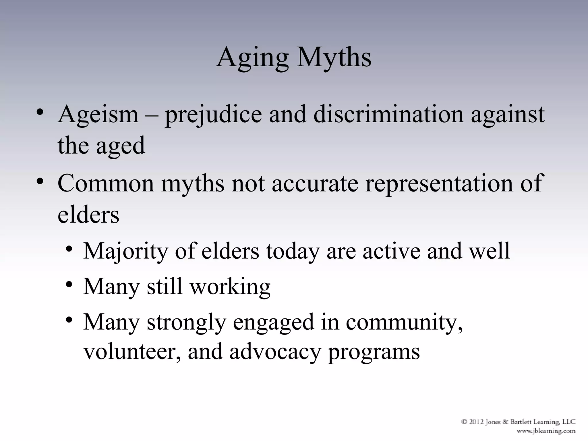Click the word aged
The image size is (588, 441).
tap(120, 146)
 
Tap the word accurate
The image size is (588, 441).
tap(315, 184)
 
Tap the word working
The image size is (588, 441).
tap(230, 287)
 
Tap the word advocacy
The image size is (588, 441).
tap(275, 352)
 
